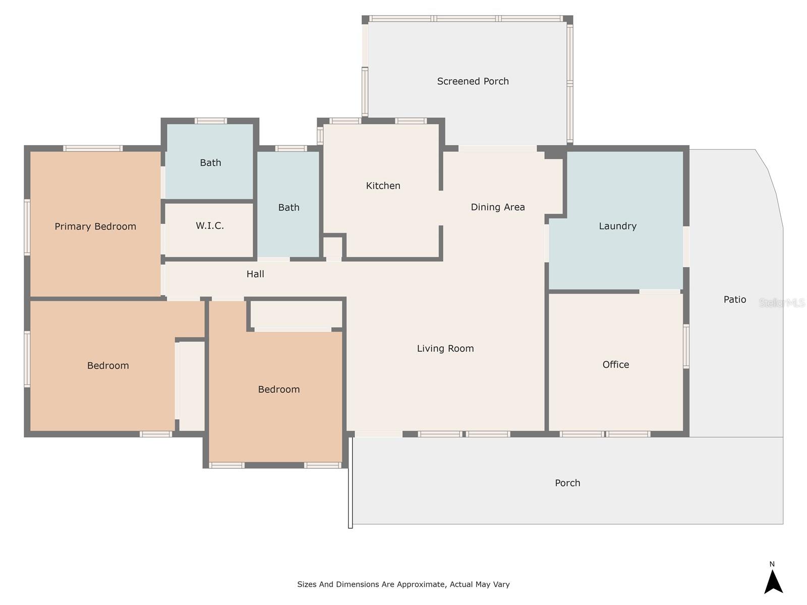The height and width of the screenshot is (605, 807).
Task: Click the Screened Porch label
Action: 473,81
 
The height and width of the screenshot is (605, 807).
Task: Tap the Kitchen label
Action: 383,186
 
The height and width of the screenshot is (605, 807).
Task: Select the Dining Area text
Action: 497,207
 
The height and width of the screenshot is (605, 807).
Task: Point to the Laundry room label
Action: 617,226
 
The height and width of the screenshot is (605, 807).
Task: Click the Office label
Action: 615,365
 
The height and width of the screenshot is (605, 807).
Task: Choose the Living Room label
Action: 445,348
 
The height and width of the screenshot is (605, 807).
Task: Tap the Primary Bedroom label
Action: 95,226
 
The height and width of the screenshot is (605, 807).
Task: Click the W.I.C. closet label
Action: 209,225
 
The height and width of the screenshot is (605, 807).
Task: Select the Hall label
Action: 255,274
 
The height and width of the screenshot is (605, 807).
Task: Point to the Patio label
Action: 734,299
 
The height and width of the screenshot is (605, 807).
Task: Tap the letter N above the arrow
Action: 772,564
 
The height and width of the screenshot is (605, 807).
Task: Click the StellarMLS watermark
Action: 782,302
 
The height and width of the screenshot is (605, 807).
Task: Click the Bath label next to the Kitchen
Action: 289,208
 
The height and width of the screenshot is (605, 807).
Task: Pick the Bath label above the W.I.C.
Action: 210,163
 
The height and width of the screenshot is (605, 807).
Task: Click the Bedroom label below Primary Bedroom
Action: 108,366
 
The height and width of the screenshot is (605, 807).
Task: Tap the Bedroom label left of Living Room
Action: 279,389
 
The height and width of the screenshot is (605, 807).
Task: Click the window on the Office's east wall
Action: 686,346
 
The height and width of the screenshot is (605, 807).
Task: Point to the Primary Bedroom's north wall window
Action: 93,148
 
